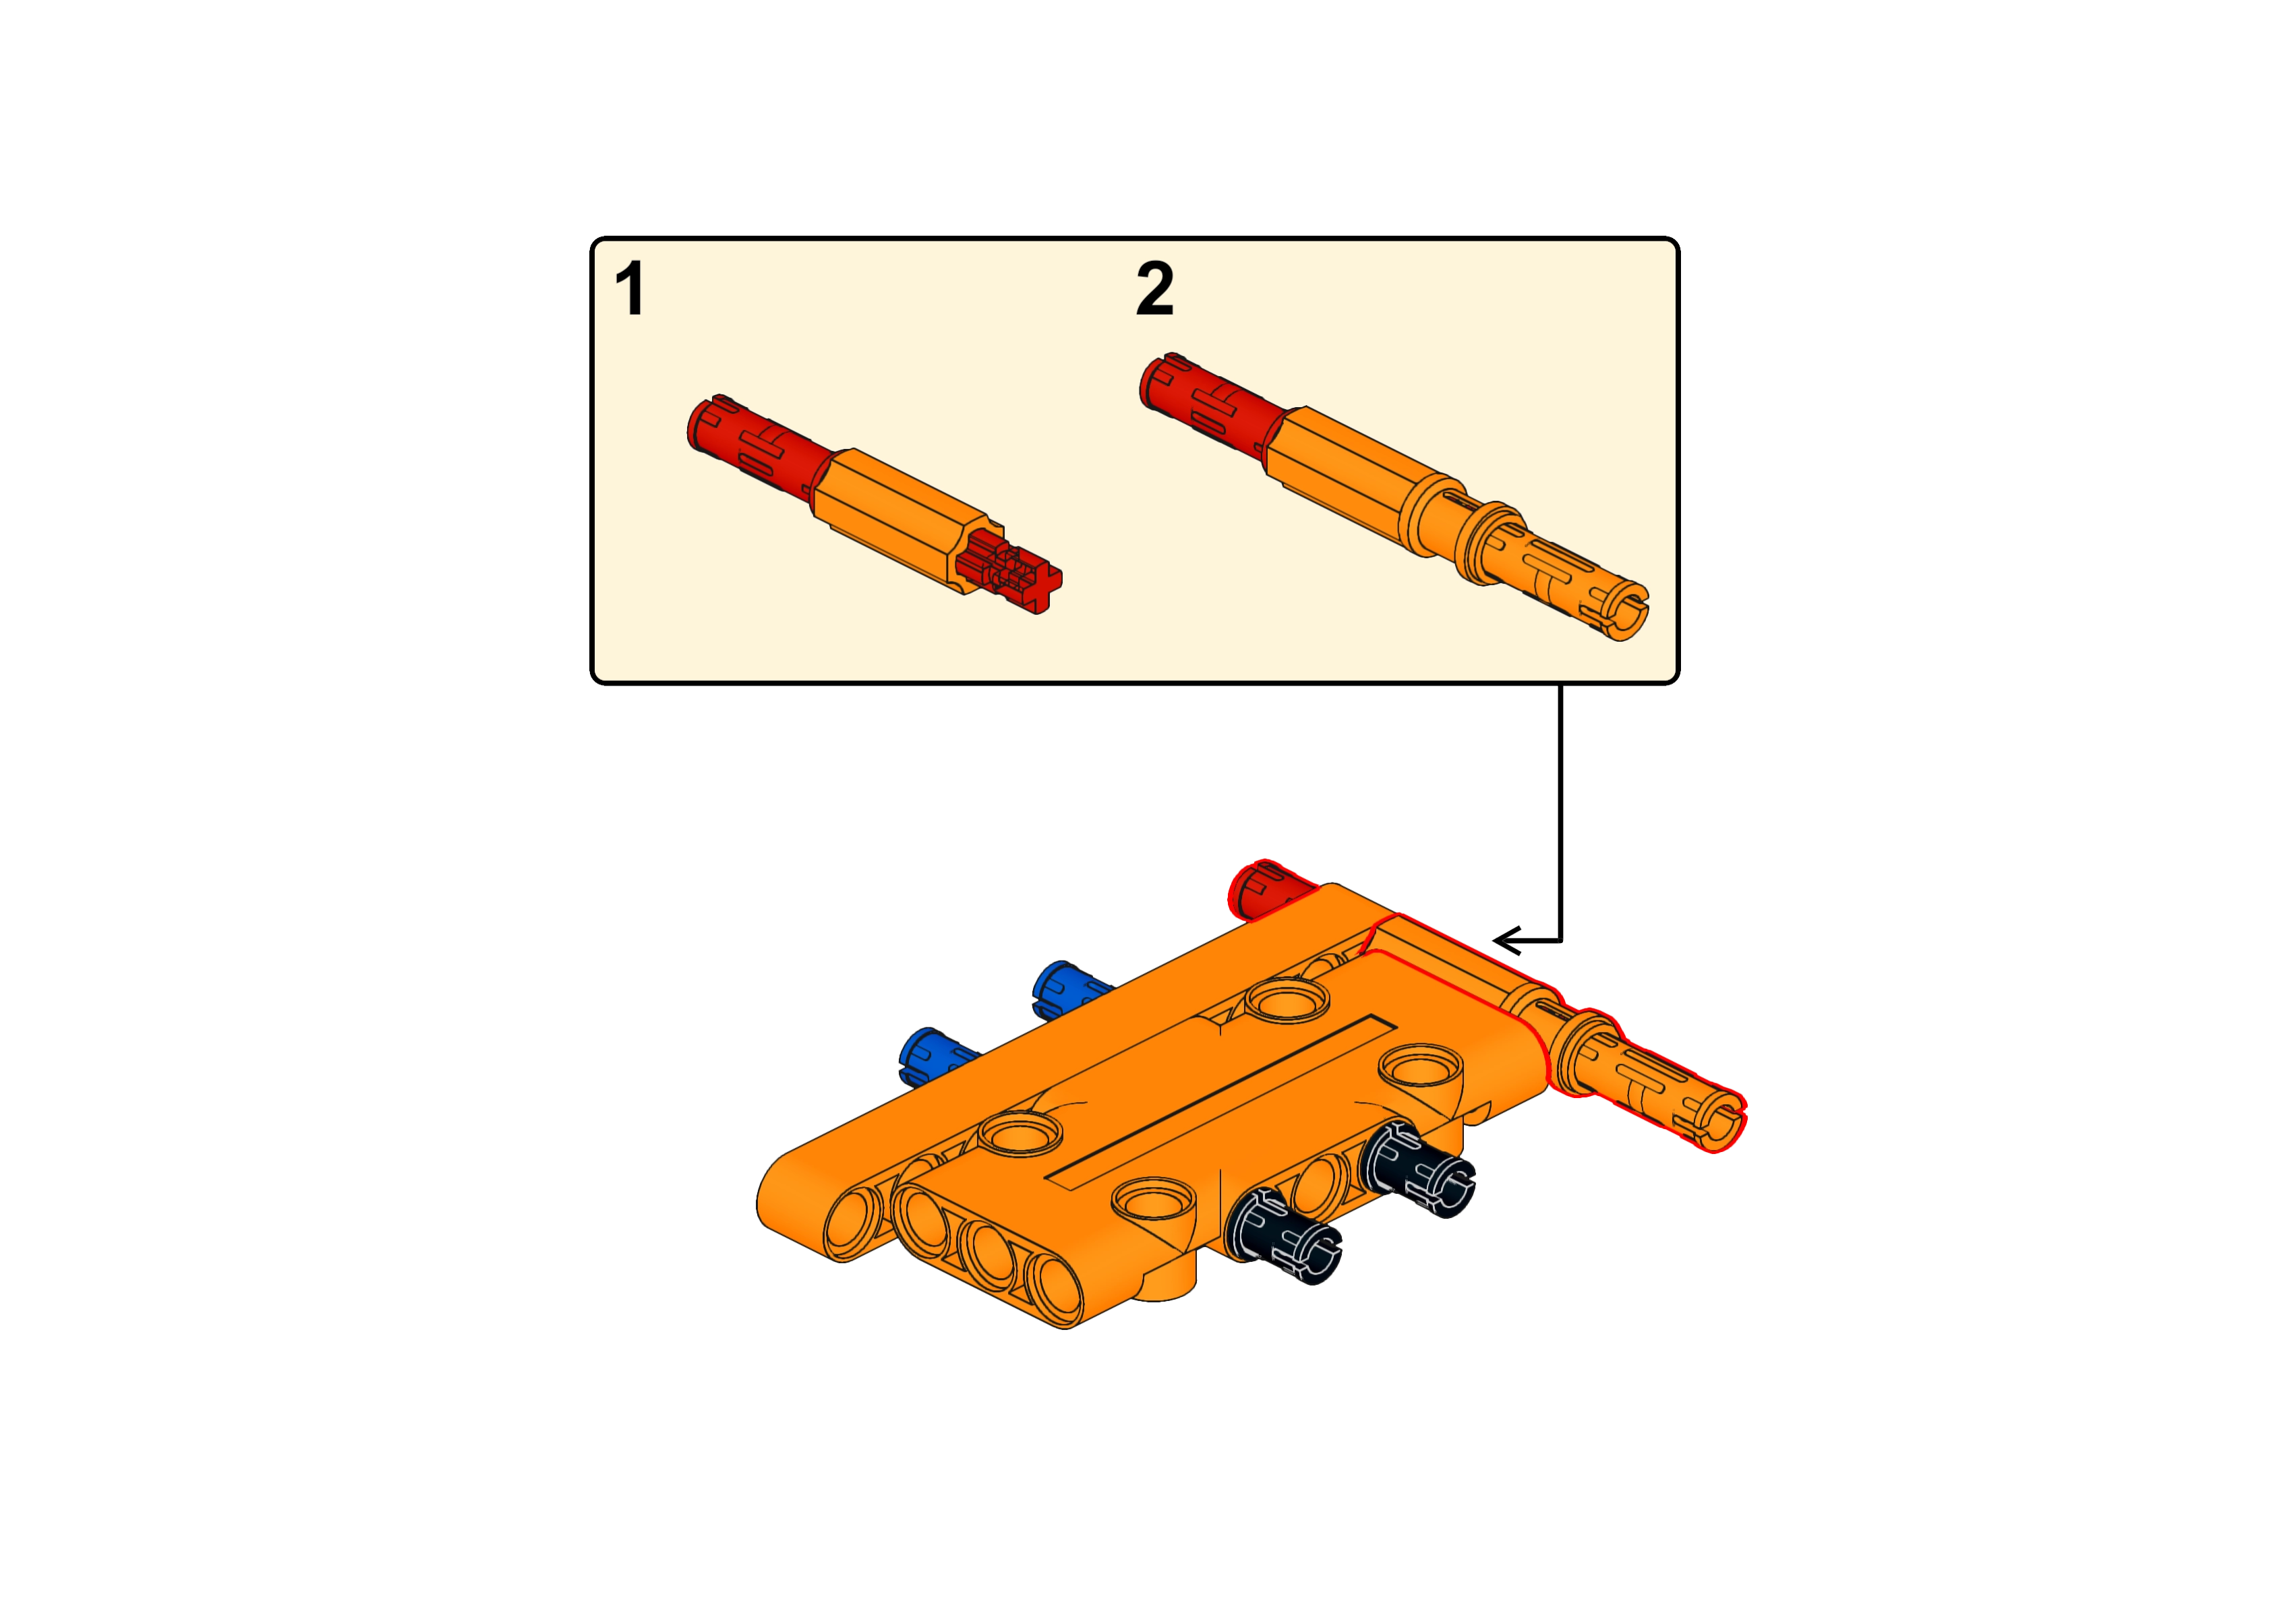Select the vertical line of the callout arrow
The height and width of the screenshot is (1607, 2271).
pyautogui.click(x=1560, y=812)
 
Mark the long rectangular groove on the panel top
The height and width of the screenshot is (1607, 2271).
pyautogui.click(x=1222, y=1098)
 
